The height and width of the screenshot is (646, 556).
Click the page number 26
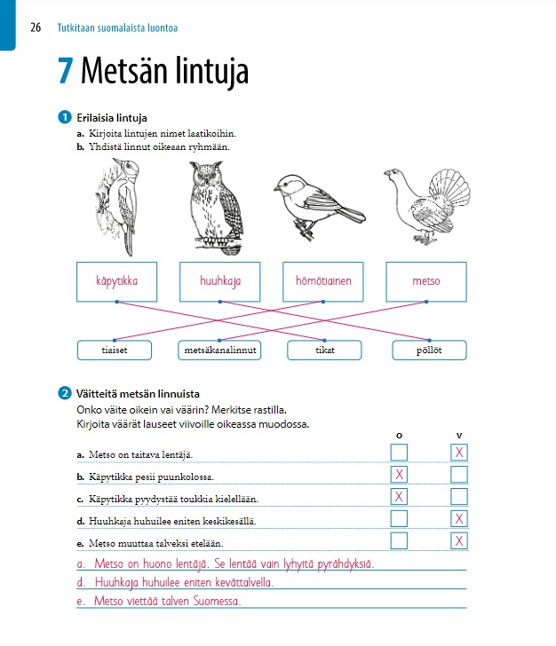(x=36, y=28)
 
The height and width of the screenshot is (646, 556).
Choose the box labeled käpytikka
(x=116, y=281)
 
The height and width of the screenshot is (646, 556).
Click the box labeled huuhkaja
(x=220, y=281)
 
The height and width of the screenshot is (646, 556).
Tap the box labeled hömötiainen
(x=323, y=281)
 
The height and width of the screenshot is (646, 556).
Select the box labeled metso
(x=426, y=281)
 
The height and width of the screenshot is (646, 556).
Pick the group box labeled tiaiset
(x=115, y=351)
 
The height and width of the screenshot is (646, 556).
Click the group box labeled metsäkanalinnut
(x=220, y=351)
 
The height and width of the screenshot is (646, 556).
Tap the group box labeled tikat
(x=324, y=351)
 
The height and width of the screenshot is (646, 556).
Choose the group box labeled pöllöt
(x=430, y=351)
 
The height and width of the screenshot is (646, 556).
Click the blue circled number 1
(x=64, y=118)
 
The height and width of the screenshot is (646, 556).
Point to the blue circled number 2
(x=64, y=394)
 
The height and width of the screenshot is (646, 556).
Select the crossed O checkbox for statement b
(x=400, y=475)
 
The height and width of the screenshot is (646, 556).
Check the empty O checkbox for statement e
(x=400, y=540)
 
